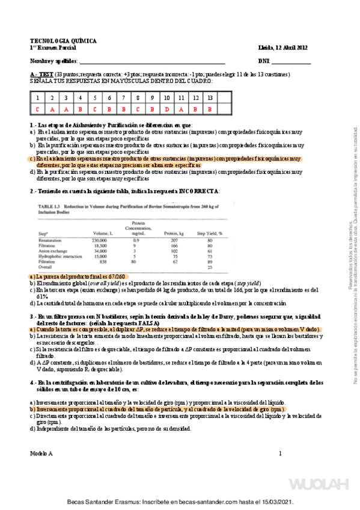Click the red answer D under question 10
[x=166, y=109]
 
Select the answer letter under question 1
[x=37, y=109]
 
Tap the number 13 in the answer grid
[x=209, y=97]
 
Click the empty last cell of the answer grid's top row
[x=224, y=97]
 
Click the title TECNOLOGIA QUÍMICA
[x=63, y=41]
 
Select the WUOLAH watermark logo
[x=320, y=484]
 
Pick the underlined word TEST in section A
[x=46, y=74]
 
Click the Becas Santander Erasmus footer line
[x=180, y=502]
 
